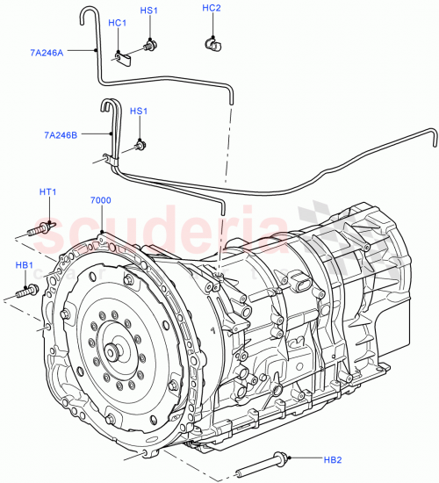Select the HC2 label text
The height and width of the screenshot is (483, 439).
pos(211,8)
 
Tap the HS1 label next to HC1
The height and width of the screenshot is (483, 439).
pos(149,11)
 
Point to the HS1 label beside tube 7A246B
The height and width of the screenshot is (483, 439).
pos(138,112)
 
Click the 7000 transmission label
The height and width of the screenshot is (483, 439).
pos(100,200)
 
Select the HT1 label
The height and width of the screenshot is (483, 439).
pos(47,192)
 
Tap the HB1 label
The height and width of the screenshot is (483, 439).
pos(24,265)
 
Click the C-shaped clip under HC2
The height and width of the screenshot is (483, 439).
pos(211,41)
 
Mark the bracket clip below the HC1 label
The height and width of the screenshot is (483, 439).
pos(122,57)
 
